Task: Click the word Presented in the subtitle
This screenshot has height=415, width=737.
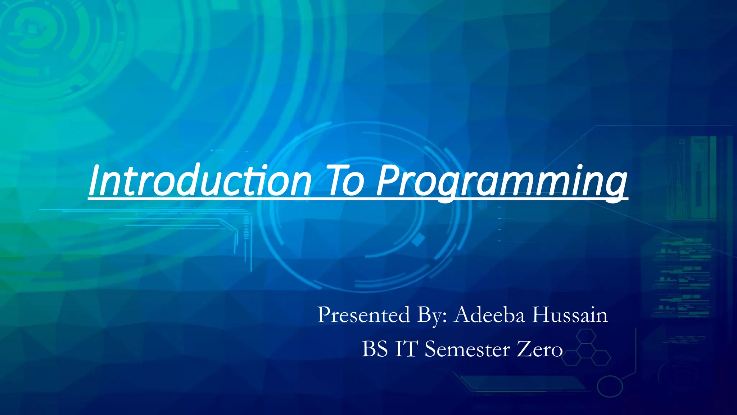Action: coord(363,315)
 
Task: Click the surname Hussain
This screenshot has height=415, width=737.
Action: coord(570,315)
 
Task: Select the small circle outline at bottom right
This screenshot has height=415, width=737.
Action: coord(610,386)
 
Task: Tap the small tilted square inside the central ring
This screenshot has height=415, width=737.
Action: coord(418,240)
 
